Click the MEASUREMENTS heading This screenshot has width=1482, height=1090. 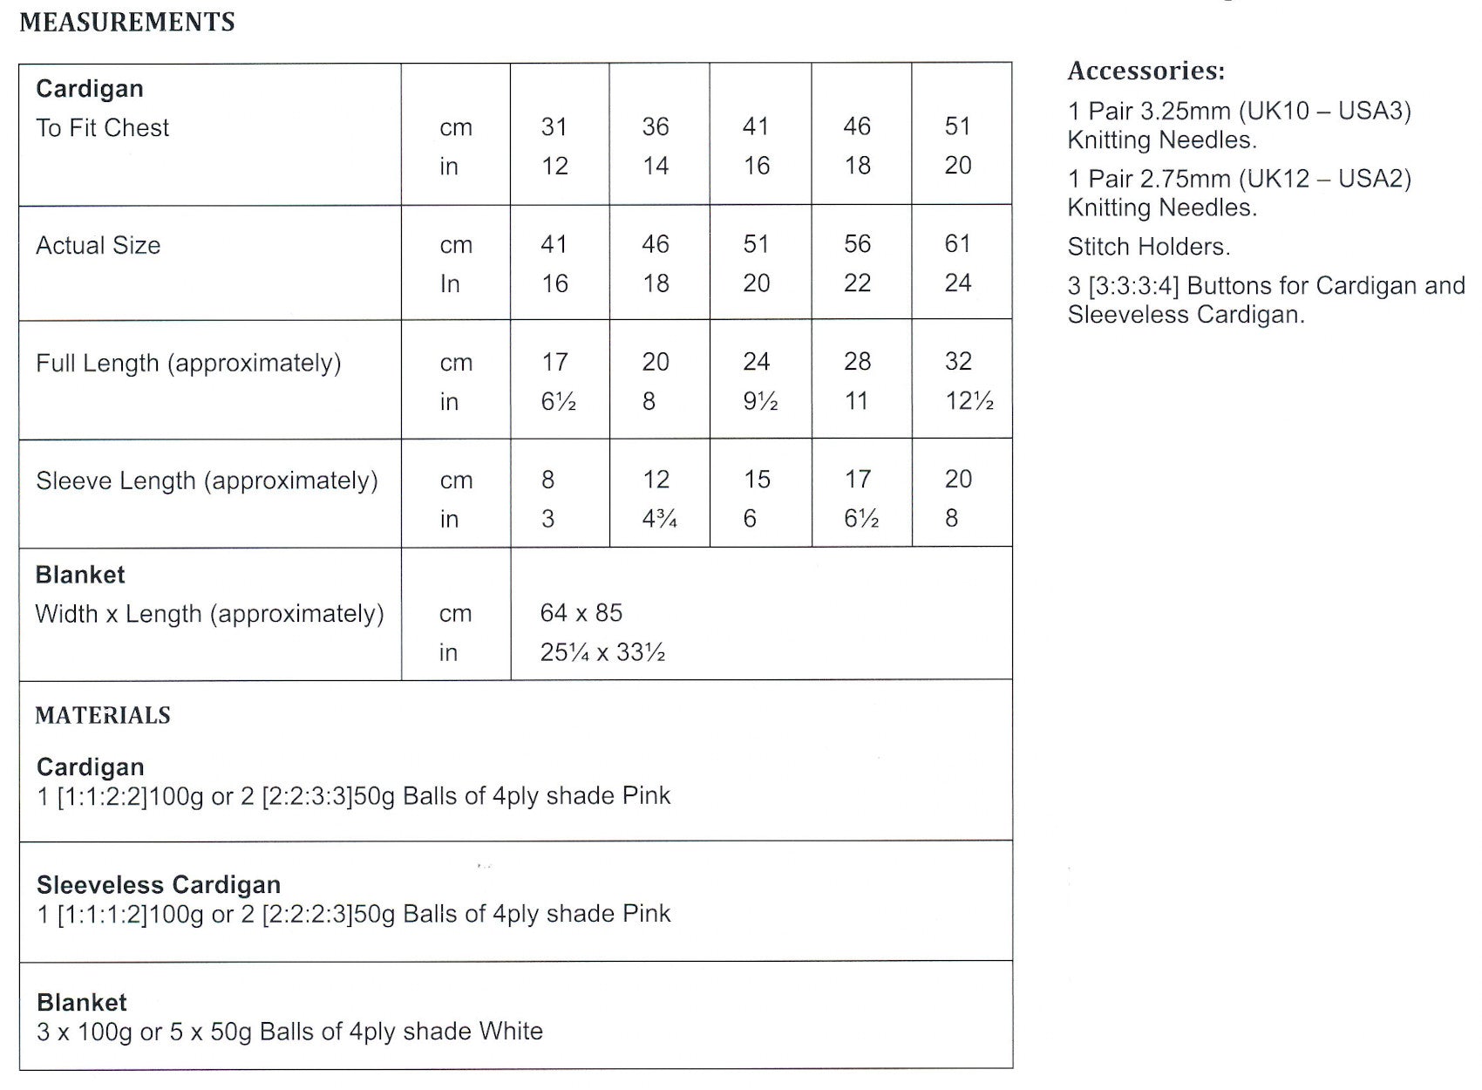tap(127, 22)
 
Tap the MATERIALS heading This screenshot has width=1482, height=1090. tap(103, 716)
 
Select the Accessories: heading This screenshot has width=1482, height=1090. tap(1146, 71)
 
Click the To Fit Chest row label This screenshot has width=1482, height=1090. tap(102, 128)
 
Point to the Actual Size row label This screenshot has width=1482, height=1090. tap(98, 246)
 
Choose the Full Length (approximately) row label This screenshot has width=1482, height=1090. tap(188, 364)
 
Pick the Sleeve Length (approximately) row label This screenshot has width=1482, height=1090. tap(207, 481)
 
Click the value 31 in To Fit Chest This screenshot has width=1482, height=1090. tap(554, 127)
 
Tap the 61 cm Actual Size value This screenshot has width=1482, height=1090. tap(957, 244)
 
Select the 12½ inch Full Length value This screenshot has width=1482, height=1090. tap(969, 401)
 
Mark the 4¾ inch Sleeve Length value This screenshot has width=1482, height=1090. tap(659, 519)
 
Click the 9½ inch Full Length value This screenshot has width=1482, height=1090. tap(760, 401)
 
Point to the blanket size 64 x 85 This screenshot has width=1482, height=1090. tap(581, 613)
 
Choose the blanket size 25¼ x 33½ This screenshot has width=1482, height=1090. tap(602, 652)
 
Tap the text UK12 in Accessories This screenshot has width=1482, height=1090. tap(1279, 180)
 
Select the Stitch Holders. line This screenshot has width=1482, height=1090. tap(1149, 247)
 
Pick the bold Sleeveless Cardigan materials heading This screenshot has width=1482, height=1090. tap(159, 885)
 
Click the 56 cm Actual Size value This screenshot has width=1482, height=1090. tap(857, 244)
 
